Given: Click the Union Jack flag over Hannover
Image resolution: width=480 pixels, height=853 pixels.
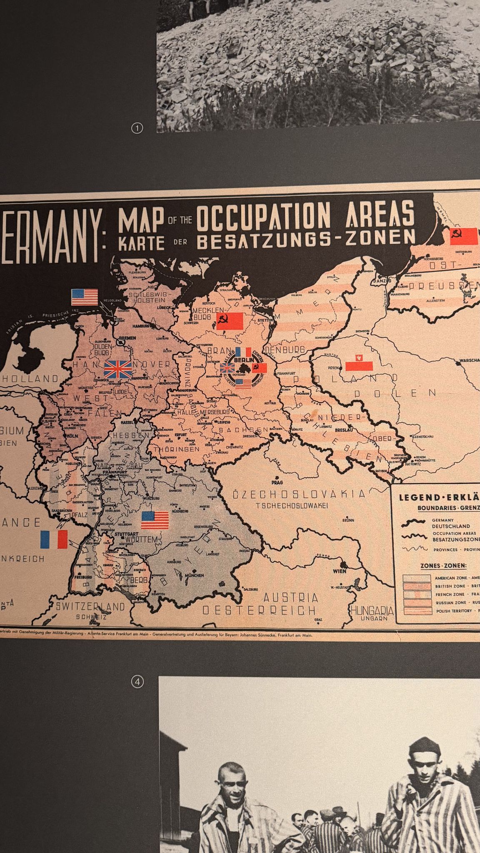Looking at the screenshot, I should pos(118,369).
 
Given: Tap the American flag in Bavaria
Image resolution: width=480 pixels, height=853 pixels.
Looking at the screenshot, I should pos(155,520).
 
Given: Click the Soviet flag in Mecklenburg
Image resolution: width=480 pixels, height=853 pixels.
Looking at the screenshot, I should pos(229,321).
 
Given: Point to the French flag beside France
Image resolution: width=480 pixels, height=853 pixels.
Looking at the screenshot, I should pos(54,539).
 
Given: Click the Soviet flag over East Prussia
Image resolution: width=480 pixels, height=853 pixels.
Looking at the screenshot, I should pos(463,237).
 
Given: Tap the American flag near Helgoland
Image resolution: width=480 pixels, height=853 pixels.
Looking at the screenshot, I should pos(85,297).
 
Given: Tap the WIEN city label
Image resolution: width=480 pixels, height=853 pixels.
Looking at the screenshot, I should pos(340,571).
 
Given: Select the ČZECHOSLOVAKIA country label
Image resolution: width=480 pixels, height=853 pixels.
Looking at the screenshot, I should pos(299,494).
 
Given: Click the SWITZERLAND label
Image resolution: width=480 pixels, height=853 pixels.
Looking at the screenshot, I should pos(90,606).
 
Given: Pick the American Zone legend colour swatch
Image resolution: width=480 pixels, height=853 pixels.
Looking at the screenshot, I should pos(416,578).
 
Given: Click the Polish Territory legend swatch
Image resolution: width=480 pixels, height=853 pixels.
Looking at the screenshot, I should pos(416,611).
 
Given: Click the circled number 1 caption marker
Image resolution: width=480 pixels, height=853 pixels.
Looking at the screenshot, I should pos(137,128).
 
